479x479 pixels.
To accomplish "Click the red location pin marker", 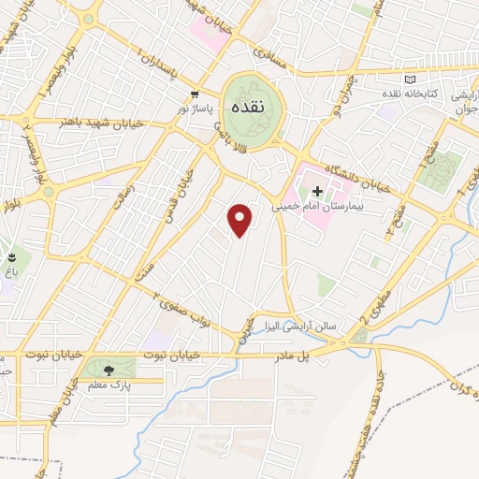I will (x=241, y=220).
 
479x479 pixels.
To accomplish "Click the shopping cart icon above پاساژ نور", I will (x=195, y=94).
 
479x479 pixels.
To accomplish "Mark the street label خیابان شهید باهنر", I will (x=90, y=121).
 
